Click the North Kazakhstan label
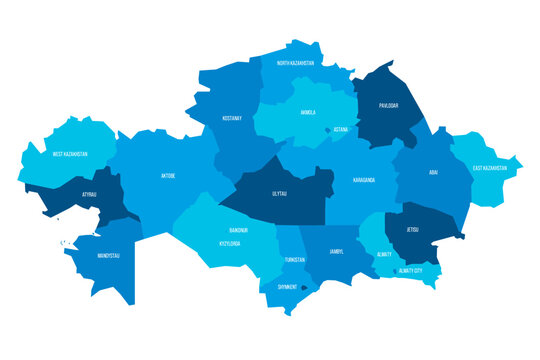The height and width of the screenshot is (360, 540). coord(295,63)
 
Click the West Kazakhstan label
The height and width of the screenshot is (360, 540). coord(70,154)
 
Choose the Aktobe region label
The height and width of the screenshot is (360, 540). coord(167,176)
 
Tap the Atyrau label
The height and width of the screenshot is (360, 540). coord(90,194)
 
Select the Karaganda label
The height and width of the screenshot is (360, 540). coord(364,180)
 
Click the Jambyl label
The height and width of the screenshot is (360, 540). coord(335,251)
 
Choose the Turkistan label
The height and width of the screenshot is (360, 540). coord(294,259)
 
